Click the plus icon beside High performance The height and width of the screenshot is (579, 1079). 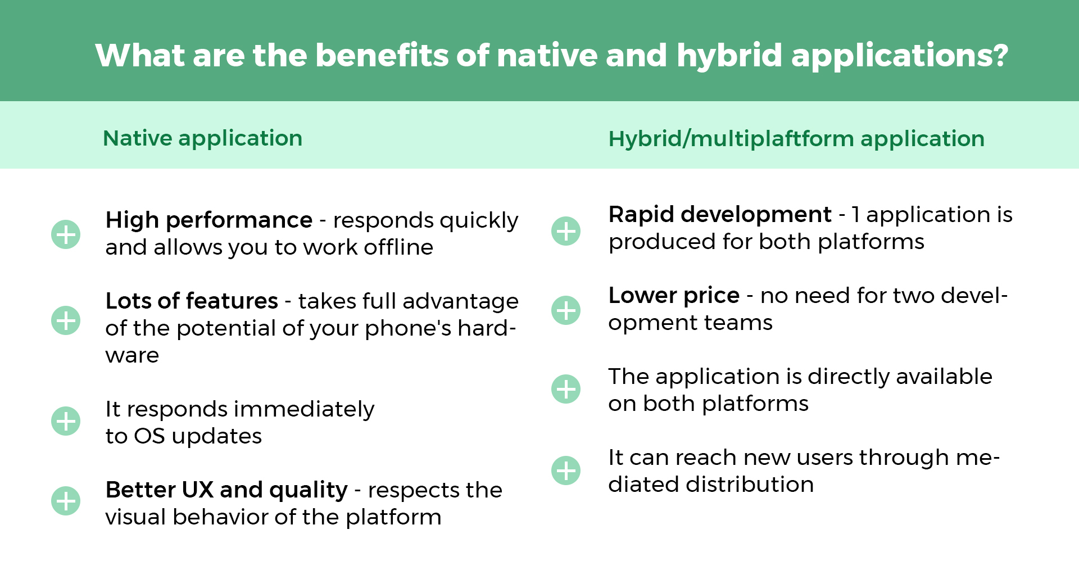66,234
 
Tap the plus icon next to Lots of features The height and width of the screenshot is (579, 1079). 66,320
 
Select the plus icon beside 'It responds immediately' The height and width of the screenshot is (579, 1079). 66,421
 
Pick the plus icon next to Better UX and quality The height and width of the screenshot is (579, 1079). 66,501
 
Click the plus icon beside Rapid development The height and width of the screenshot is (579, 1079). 566,231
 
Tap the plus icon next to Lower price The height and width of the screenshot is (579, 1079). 566,310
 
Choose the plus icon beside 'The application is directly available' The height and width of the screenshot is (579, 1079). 566,389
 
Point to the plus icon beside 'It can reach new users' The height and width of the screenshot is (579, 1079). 566,471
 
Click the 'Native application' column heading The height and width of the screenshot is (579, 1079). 203,138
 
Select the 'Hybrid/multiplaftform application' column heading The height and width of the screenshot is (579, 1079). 796,139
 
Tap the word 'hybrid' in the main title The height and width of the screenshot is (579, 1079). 729,56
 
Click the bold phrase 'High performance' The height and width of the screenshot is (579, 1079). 209,220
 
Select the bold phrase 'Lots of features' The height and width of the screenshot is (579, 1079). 192,301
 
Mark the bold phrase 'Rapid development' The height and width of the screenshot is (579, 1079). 720,214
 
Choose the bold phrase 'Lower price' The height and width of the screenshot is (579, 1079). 674,295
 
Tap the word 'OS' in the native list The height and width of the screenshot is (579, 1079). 149,436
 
